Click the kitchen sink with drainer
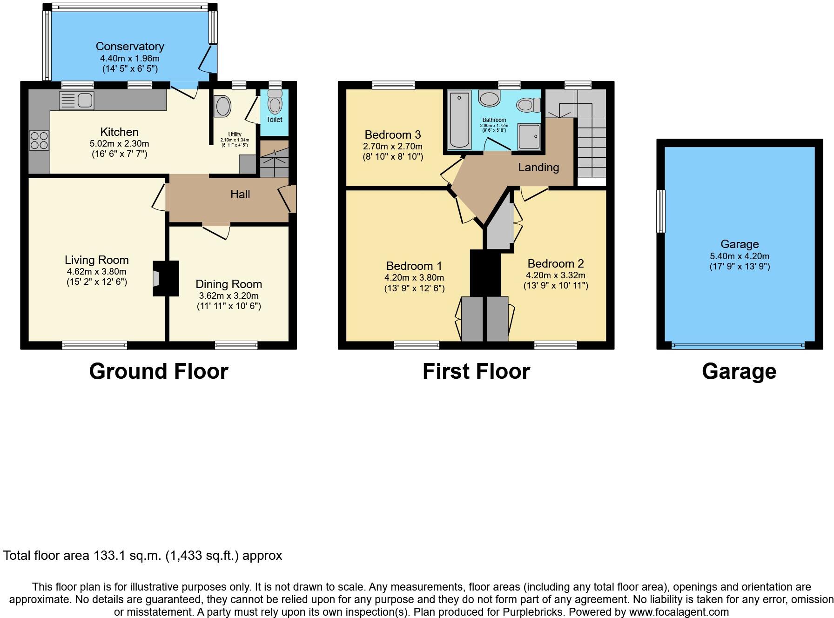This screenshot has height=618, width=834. (x=77, y=101)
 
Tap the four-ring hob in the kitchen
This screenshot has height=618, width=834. (x=39, y=141)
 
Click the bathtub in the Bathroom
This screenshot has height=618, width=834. (x=459, y=120)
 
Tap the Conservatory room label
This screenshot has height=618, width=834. (x=130, y=47)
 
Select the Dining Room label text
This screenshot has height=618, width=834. (x=229, y=284)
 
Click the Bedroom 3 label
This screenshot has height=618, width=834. (x=393, y=134)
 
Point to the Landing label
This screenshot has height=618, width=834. (x=538, y=167)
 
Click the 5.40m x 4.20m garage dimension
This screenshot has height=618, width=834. (x=739, y=256)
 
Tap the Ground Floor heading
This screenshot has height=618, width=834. (x=158, y=371)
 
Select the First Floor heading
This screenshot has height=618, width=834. (x=476, y=371)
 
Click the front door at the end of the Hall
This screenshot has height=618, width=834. (x=291, y=199)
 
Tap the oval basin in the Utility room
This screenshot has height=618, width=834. (x=222, y=106)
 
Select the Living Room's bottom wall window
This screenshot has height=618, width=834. (x=94, y=345)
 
